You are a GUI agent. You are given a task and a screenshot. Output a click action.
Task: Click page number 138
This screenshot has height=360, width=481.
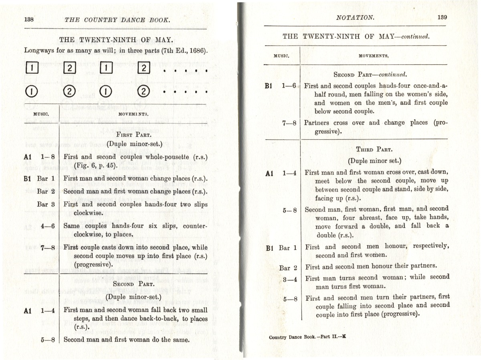point(29,19)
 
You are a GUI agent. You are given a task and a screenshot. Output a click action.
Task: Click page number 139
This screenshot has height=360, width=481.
point(442,17)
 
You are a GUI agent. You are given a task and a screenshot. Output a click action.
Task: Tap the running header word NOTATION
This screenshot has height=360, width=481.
point(355,17)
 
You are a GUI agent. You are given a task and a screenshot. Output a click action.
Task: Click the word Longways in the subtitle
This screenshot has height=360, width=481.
point(39,51)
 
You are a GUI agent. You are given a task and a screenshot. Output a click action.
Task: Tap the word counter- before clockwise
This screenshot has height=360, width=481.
point(195,226)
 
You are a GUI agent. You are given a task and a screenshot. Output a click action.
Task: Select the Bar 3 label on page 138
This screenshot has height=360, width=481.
point(46,204)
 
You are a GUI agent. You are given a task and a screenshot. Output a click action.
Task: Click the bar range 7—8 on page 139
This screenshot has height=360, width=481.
point(289,123)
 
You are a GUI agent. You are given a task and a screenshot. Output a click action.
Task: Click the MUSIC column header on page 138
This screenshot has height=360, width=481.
point(41,114)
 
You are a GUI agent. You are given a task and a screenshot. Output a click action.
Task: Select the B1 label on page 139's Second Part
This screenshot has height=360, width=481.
point(270,86)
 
